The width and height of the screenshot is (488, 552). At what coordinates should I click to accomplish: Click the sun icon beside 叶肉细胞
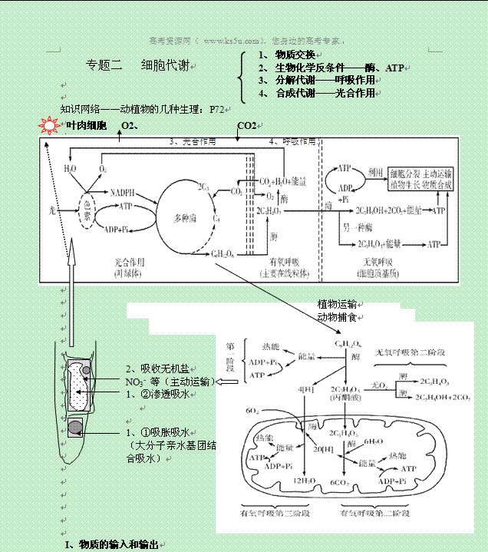(48, 125)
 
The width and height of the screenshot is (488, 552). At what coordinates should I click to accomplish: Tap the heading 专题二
(104, 66)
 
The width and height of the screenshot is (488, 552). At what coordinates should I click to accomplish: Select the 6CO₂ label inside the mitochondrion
(340, 482)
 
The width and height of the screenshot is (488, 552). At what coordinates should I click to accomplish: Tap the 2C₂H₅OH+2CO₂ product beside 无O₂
(443, 398)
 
